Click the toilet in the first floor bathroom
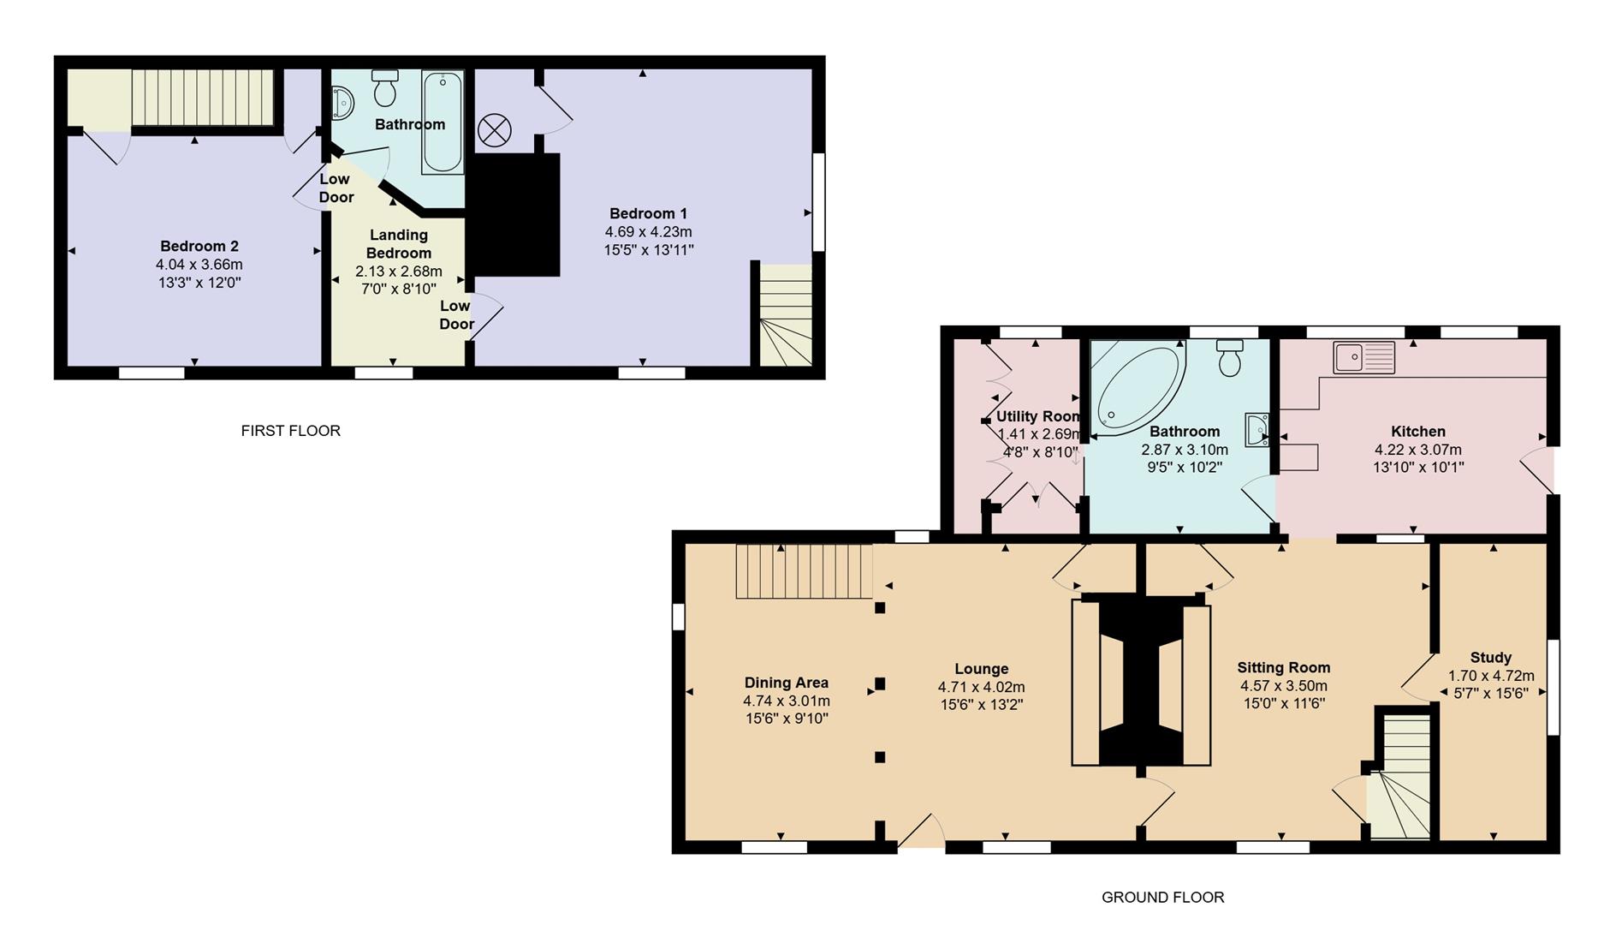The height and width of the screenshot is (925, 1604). click(x=385, y=88)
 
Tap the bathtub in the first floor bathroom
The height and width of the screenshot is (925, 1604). click(x=443, y=122)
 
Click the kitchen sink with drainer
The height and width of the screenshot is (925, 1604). click(x=1363, y=357)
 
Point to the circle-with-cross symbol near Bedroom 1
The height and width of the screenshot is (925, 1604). click(x=494, y=131)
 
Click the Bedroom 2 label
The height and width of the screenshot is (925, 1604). click(x=199, y=247)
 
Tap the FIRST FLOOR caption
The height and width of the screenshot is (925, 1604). click(x=290, y=431)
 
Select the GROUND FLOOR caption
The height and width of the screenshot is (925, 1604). click(x=1162, y=898)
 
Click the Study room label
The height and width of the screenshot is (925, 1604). click(x=1490, y=658)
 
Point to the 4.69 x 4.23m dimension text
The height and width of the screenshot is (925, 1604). click(x=648, y=232)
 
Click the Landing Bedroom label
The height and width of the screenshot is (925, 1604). click(x=399, y=244)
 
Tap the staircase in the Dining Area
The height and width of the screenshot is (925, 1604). click(x=804, y=571)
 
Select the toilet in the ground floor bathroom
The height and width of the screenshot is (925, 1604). click(x=1230, y=358)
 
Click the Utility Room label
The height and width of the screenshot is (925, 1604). click(x=1037, y=416)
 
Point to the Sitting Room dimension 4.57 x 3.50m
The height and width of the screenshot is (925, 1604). click(x=1283, y=686)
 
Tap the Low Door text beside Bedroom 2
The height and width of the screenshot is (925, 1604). click(x=336, y=188)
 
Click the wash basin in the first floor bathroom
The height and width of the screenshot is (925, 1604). click(x=343, y=104)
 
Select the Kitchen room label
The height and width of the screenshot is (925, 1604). click(x=1417, y=432)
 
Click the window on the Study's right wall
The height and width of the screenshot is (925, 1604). click(x=1553, y=687)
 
